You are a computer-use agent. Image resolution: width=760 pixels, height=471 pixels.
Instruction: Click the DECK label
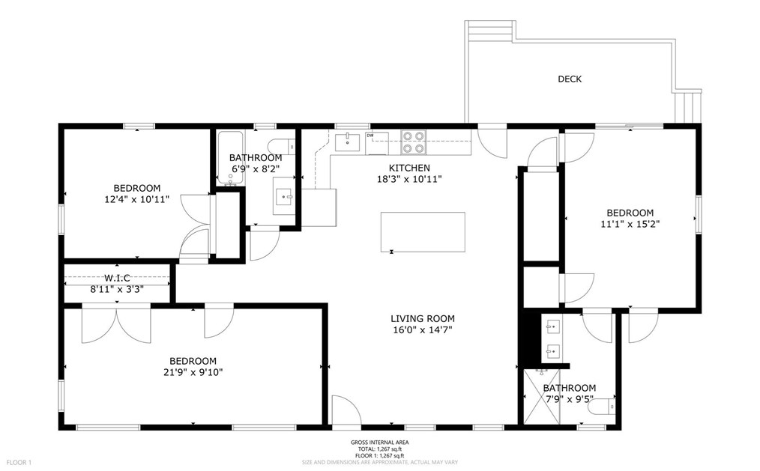point(570,79)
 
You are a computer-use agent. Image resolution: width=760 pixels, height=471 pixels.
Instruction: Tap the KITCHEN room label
point(409,168)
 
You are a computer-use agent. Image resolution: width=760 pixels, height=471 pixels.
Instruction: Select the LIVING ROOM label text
point(423,318)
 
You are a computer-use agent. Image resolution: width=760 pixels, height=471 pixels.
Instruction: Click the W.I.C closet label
point(118,278)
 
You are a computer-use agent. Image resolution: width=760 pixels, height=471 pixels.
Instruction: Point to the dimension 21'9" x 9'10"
point(193,372)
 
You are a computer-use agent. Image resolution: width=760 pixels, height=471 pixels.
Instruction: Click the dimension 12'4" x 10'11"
point(137,199)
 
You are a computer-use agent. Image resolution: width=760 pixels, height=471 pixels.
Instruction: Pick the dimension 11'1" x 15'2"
point(630,224)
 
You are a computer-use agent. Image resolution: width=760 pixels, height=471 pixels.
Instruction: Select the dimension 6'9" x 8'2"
point(256,169)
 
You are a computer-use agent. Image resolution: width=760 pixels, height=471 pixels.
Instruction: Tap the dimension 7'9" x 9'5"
point(570,399)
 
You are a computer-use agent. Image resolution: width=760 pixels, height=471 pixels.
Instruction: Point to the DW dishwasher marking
point(370,136)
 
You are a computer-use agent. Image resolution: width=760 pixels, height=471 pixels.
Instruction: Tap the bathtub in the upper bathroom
point(229,158)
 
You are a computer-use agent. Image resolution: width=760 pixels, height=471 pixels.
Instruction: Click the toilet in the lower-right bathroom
point(603,407)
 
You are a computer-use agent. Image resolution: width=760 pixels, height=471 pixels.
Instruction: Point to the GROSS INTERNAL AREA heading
point(380,443)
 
